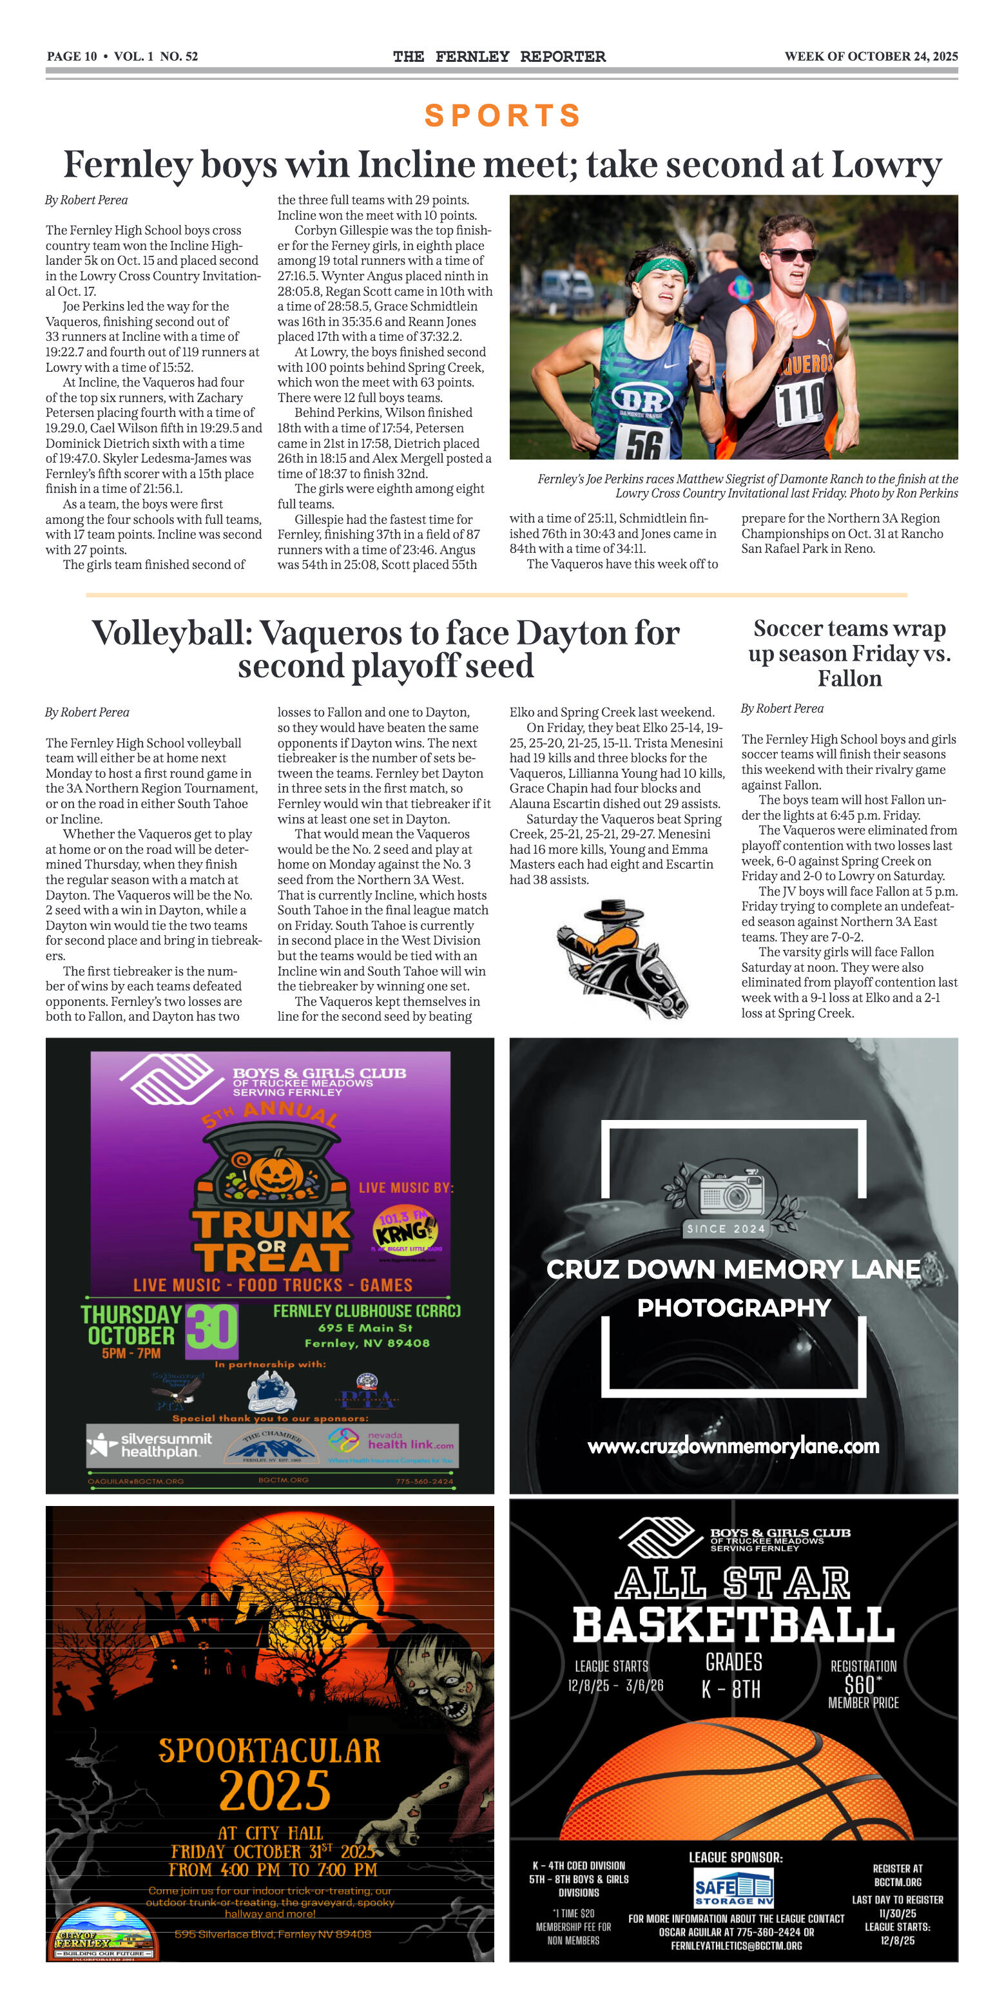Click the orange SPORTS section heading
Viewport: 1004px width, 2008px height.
point(503,115)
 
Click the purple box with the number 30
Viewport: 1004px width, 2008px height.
point(211,1327)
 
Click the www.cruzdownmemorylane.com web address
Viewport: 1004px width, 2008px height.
point(733,1446)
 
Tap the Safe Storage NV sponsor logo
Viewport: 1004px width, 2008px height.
point(733,1889)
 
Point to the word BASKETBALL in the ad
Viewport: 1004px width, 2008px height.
point(733,1625)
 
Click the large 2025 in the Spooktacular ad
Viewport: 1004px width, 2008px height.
point(275,1791)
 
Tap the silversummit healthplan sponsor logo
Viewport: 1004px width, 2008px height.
point(150,1444)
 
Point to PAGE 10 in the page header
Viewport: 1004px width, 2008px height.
point(72,56)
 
